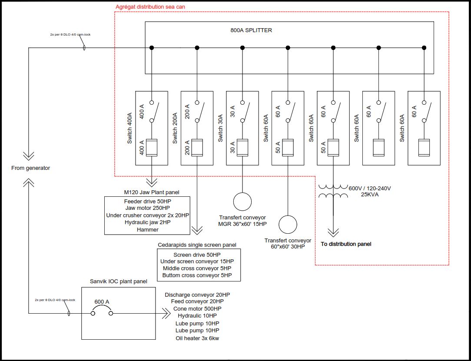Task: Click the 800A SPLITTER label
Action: coord(251,30)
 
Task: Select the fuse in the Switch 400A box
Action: coord(152,148)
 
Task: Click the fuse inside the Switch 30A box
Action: coord(242,148)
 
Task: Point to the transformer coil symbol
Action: coord(333,191)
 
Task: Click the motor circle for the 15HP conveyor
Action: coord(242,202)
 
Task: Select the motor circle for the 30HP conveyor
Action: coord(288,225)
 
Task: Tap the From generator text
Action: coord(30,168)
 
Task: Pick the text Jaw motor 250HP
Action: coord(147,209)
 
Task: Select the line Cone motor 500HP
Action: coord(197,308)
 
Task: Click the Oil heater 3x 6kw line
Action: coord(197,338)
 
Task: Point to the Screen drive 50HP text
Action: coord(197,255)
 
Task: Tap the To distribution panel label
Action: coord(346,244)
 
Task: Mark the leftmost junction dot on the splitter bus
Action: coord(152,48)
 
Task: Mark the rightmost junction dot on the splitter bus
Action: coord(424,48)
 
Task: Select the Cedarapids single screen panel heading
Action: coord(197,245)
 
